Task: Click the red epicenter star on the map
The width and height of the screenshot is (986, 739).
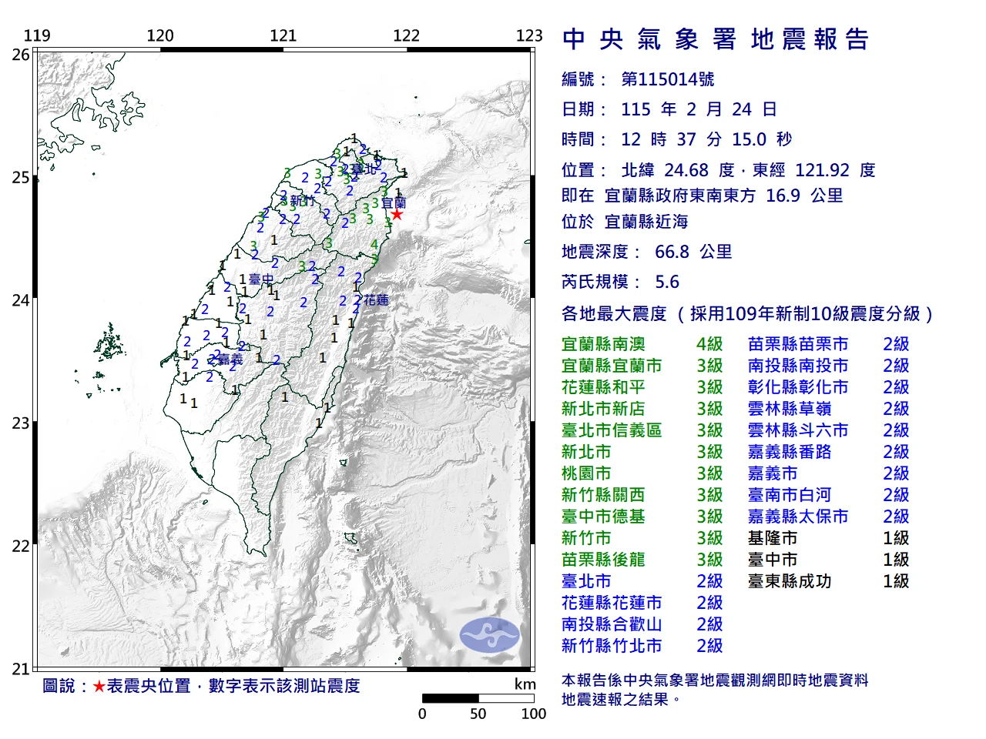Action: click(396, 214)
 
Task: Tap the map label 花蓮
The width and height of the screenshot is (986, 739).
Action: click(376, 300)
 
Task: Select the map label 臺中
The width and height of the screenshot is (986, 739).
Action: click(262, 279)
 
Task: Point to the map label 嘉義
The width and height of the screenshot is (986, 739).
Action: click(230, 359)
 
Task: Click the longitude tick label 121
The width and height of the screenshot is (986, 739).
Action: click(283, 35)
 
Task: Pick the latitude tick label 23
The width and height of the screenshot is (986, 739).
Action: click(21, 423)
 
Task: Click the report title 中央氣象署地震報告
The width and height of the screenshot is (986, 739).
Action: click(716, 39)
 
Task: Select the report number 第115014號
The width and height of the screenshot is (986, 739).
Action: click(667, 79)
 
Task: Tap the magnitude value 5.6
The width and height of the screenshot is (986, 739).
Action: click(667, 282)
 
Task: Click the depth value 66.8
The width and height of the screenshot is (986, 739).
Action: click(671, 252)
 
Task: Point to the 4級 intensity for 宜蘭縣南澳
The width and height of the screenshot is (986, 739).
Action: click(709, 344)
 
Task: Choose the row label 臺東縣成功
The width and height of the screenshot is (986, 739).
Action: click(790, 581)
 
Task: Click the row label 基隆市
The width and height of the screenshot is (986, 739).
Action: click(772, 538)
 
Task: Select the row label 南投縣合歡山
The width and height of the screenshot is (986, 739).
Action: click(612, 624)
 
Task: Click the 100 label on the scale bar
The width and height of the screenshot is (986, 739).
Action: click(533, 714)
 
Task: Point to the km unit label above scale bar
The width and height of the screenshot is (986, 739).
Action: click(525, 684)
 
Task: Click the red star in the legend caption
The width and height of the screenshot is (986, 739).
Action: click(99, 686)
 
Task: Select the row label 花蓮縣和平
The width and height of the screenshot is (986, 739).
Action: click(603, 387)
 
